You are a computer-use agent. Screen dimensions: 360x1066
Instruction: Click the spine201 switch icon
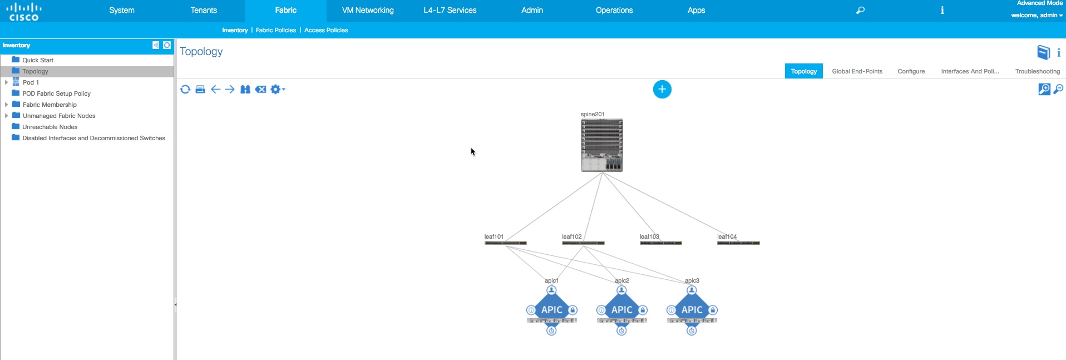tap(601, 145)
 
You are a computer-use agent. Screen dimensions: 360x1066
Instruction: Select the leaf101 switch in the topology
tap(505, 243)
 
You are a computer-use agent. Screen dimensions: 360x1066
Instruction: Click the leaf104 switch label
tap(727, 236)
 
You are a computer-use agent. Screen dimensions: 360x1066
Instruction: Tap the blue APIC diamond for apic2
tap(621, 309)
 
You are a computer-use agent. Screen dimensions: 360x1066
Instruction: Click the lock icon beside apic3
tap(713, 310)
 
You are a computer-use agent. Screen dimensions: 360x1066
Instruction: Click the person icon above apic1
tap(551, 290)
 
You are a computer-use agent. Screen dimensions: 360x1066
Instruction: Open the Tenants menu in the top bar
tap(204, 10)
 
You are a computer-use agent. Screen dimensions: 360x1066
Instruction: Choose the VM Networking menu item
tap(368, 10)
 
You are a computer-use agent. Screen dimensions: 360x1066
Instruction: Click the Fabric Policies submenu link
tap(275, 30)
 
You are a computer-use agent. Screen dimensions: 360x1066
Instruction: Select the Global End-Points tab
tap(857, 71)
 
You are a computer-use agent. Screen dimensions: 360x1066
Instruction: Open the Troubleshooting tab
tap(1037, 71)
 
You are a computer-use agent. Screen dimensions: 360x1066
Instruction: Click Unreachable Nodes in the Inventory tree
tap(50, 127)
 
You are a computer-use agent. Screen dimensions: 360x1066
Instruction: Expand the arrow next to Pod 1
tap(6, 82)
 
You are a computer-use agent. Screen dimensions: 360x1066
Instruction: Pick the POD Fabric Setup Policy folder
tap(56, 93)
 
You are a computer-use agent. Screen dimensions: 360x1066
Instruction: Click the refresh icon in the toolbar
tap(185, 89)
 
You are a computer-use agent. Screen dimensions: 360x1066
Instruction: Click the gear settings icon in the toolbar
tap(275, 89)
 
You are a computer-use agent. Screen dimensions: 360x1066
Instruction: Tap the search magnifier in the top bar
tap(860, 10)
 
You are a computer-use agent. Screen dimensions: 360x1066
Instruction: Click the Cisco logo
tap(24, 11)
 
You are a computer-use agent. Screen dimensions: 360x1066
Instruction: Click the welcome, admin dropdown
tap(1037, 15)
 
